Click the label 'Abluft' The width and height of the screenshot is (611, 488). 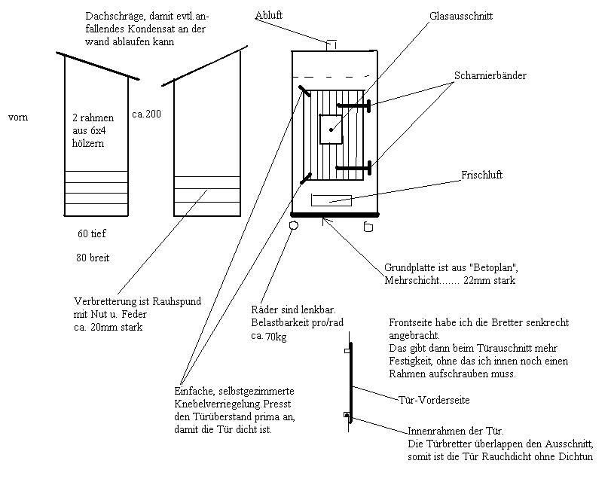pos(269,14)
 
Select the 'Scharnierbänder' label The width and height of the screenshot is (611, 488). pos(490,76)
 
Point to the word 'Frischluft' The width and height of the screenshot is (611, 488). pos(481,175)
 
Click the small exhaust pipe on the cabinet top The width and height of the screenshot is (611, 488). pos(331,45)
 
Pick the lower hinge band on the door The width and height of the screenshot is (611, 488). pos(354,167)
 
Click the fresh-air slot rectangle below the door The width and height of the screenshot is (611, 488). pos(331,200)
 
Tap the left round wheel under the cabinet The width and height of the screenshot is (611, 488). pos(294,224)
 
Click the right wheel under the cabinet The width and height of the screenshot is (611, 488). pos(368,225)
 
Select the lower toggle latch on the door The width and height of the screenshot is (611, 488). pos(306,178)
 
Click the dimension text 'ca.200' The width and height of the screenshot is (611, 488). pos(145,114)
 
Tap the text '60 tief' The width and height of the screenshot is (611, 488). pos(92,234)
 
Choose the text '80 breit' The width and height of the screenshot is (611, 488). pos(92,258)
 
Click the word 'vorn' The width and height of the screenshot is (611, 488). pos(19,117)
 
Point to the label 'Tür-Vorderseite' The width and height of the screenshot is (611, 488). pos(433,400)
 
